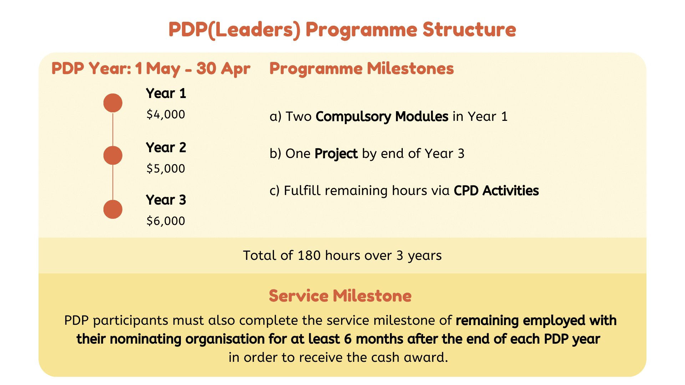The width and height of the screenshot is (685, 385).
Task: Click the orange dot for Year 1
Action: [113, 103]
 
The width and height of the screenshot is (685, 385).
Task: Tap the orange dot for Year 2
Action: [113, 155]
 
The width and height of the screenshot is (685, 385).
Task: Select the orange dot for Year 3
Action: [113, 209]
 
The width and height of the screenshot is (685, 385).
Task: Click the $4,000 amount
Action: [166, 114]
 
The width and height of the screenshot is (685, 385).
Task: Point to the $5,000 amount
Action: [166, 168]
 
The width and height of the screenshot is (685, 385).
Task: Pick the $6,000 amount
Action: [166, 221]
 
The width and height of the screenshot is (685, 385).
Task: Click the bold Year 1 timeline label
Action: [166, 93]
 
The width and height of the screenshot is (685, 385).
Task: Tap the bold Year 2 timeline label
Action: [166, 147]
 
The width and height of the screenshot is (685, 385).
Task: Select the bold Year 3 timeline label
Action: [166, 200]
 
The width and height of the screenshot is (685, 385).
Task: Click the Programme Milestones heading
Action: [361, 68]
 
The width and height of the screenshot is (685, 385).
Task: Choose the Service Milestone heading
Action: [340, 296]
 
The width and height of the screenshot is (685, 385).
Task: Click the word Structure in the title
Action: [469, 29]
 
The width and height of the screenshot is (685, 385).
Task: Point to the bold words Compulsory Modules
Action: [382, 117]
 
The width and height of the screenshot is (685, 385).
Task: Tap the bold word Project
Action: [336, 154]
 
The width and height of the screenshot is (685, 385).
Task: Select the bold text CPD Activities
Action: [496, 191]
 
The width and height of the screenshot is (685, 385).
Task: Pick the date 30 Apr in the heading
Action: [223, 68]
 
